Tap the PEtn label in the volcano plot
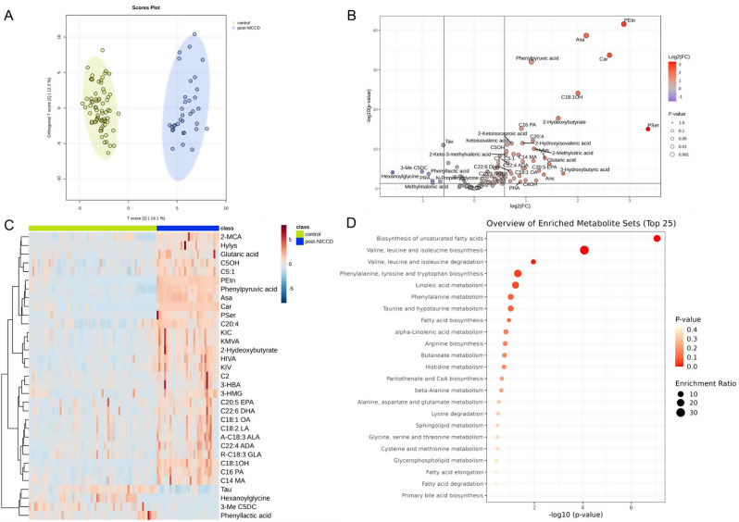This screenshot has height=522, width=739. (630, 19)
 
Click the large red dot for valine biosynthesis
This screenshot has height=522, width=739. (584, 250)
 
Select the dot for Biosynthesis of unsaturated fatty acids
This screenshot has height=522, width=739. (657, 239)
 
